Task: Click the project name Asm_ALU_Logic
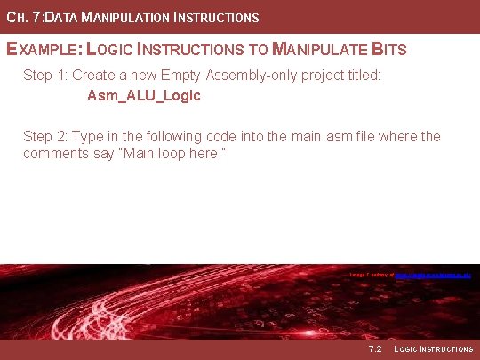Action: pyautogui.click(x=144, y=95)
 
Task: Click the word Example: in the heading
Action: pyautogui.click(x=44, y=49)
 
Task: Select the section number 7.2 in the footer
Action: pyautogui.click(x=373, y=349)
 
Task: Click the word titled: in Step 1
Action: pyautogui.click(x=358, y=76)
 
